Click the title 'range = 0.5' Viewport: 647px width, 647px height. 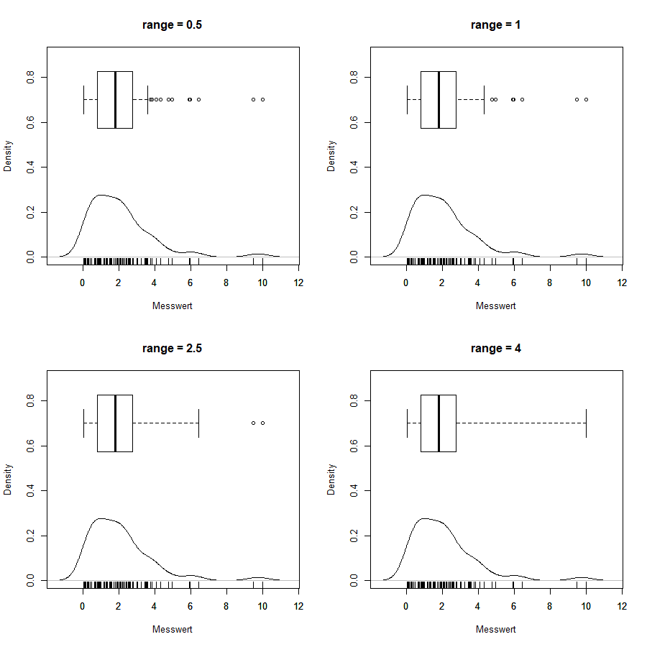(173, 25)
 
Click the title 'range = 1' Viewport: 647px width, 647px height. (496, 25)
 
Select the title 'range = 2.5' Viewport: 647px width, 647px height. (173, 349)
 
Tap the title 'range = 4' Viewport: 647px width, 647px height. (496, 349)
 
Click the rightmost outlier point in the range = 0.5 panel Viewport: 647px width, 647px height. (262, 99)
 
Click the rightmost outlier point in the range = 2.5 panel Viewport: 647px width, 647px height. (262, 423)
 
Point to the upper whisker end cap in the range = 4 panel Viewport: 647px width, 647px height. (586, 423)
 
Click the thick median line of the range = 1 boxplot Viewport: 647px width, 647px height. (439, 99)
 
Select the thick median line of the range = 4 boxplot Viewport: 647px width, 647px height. (439, 423)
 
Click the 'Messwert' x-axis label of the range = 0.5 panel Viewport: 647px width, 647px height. (173, 306)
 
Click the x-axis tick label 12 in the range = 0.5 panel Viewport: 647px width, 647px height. (298, 283)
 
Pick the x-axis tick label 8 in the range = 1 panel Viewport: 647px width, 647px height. (550, 283)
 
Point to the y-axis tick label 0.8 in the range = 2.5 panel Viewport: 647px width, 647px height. (30, 400)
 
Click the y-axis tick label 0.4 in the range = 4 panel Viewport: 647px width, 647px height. (354, 490)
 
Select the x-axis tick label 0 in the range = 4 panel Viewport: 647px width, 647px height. (406, 606)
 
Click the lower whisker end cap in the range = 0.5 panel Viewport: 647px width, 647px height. (83, 99)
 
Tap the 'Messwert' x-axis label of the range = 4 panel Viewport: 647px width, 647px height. (496, 629)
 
